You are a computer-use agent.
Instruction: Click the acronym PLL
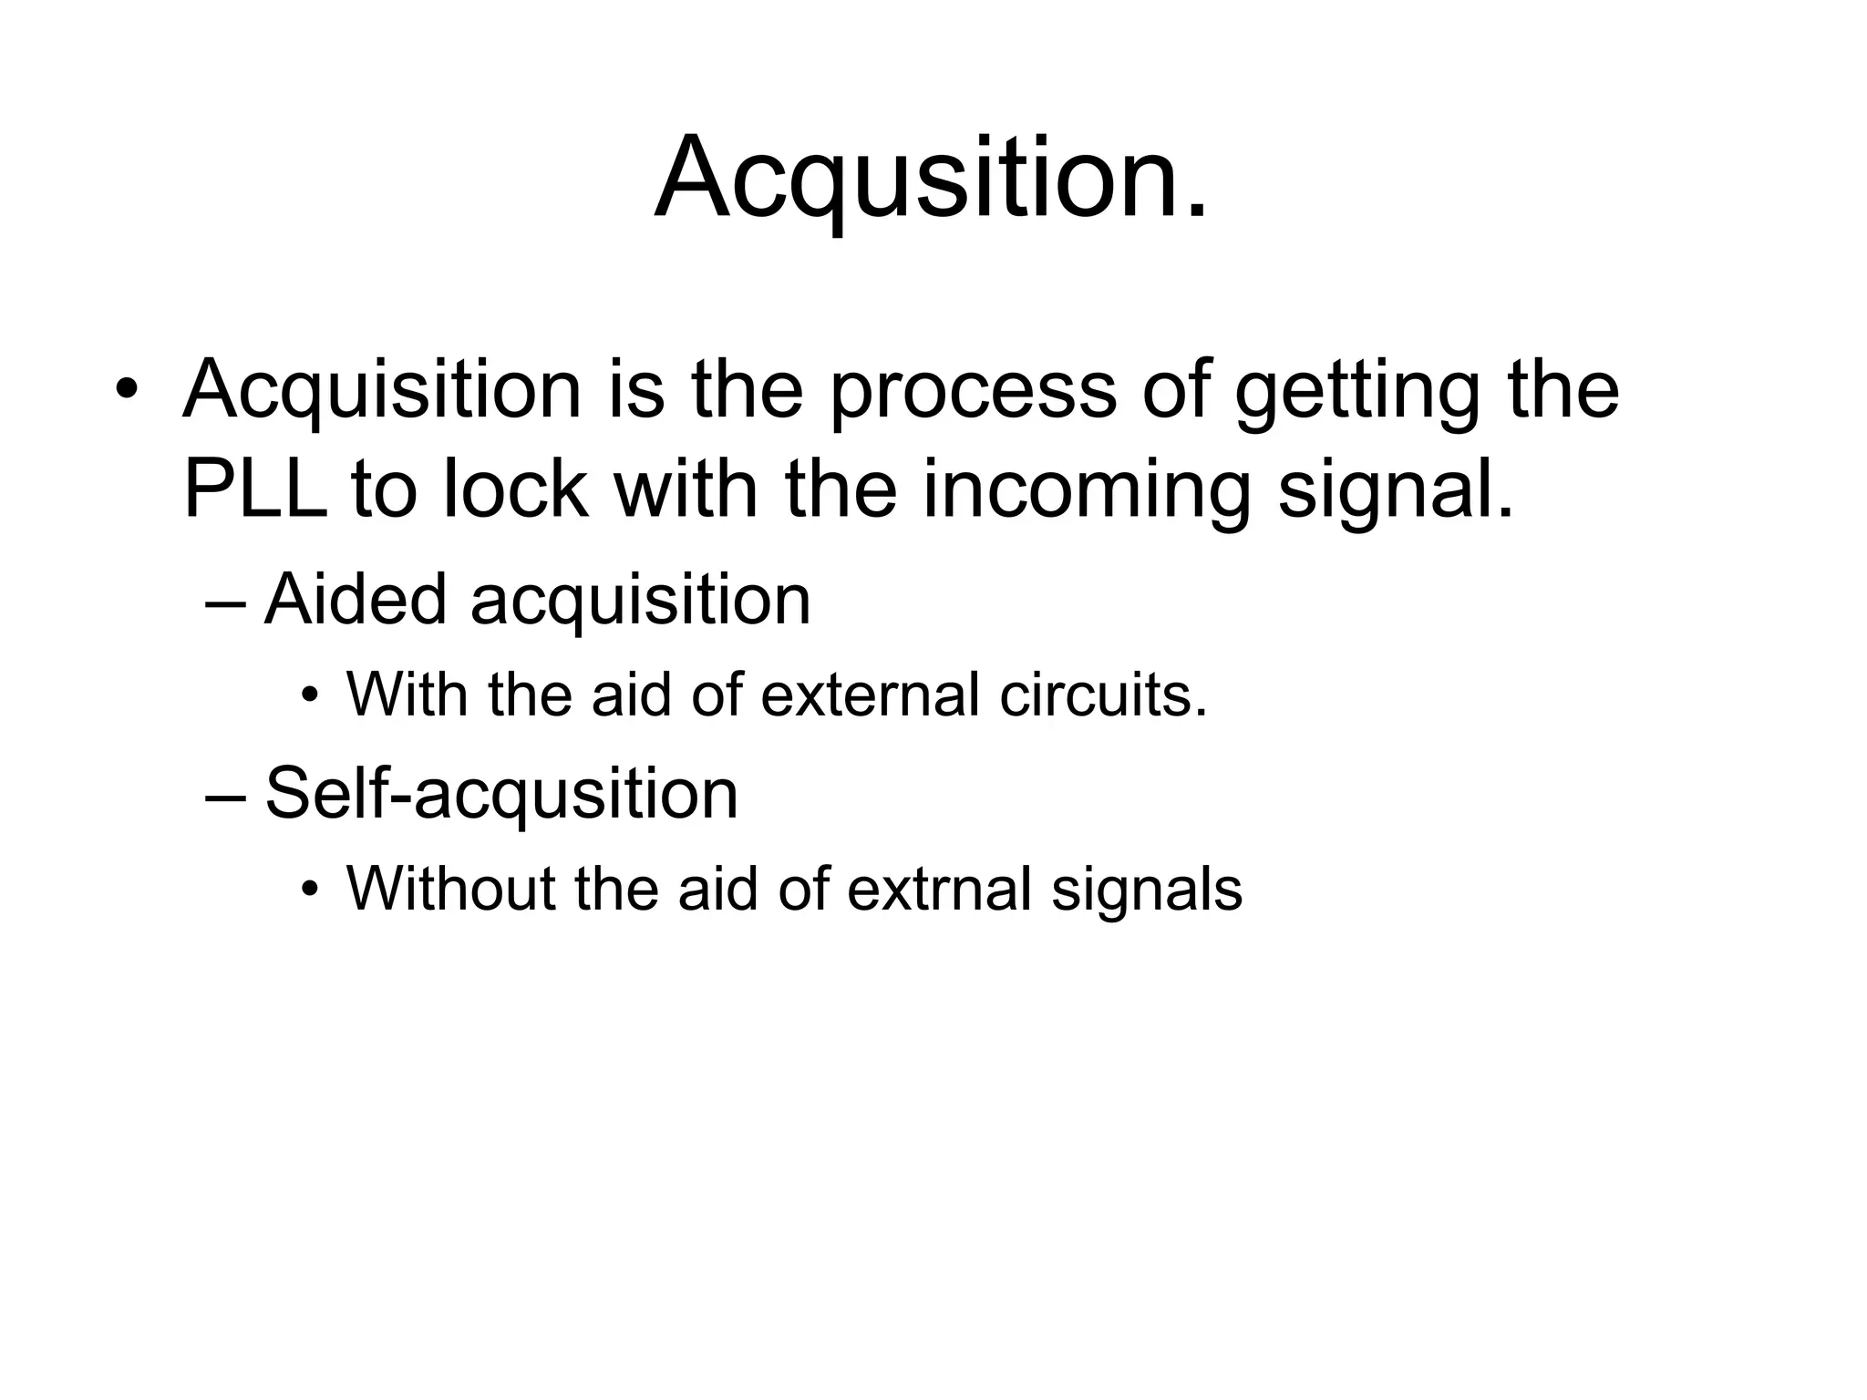point(254,489)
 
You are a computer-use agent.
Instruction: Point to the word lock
point(515,489)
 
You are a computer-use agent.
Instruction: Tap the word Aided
point(356,600)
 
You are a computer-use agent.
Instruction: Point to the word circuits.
point(1103,695)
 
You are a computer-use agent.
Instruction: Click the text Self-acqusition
point(501,794)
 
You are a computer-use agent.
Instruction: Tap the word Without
point(450,888)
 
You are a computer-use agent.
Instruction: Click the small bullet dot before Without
point(311,889)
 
